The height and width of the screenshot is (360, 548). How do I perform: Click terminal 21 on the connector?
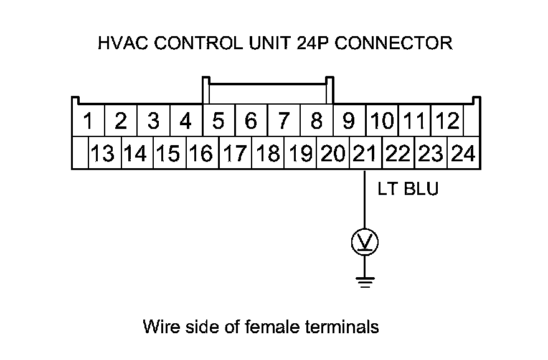click(x=364, y=153)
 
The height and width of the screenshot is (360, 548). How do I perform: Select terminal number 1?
click(x=88, y=121)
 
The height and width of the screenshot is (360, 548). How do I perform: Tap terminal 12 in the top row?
click(x=446, y=121)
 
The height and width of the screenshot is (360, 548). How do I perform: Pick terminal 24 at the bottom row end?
click(x=463, y=153)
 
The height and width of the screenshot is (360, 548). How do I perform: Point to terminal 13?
click(x=103, y=153)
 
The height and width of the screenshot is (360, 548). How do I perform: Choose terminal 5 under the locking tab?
click(x=218, y=121)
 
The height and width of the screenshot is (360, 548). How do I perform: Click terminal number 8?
click(x=316, y=121)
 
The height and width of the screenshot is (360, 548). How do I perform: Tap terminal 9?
click(x=349, y=121)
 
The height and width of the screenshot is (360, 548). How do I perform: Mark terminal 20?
click(x=332, y=153)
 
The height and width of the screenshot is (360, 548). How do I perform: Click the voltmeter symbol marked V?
click(x=365, y=242)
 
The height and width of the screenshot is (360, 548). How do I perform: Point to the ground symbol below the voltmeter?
click(x=365, y=283)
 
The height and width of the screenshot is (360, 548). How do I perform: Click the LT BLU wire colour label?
click(x=408, y=189)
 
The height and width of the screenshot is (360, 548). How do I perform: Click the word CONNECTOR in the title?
click(x=394, y=44)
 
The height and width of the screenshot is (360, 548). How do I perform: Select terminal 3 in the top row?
click(x=153, y=121)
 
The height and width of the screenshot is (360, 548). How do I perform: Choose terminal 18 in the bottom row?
click(x=268, y=153)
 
